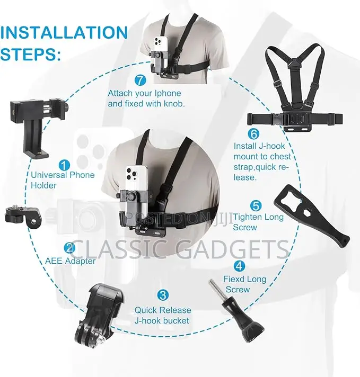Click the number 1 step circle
(x=64, y=165)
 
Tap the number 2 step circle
(x=69, y=248)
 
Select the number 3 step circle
(x=163, y=295)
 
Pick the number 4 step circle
(x=239, y=266)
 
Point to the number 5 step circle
(x=256, y=206)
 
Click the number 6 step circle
(x=254, y=134)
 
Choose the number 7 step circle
(x=141, y=80)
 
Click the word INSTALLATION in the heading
(x=64, y=32)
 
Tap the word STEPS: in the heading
(x=31, y=54)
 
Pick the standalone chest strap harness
(x=294, y=88)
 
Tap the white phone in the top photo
(x=160, y=53)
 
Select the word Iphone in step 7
(x=168, y=93)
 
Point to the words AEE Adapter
(x=71, y=261)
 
